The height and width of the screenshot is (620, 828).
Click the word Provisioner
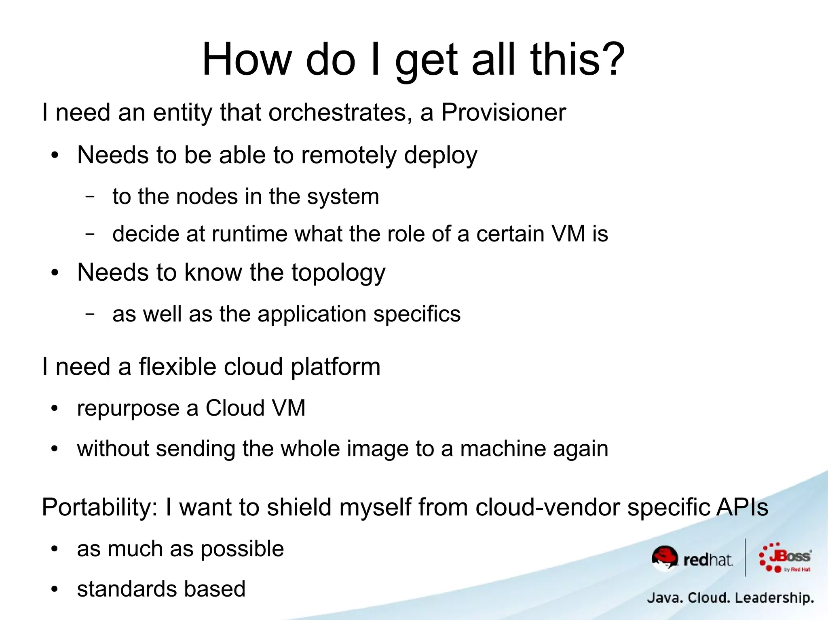click(503, 112)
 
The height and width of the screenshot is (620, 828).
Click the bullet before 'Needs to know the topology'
click(55, 273)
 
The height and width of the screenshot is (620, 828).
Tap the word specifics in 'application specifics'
click(416, 314)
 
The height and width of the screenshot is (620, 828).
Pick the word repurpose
click(128, 409)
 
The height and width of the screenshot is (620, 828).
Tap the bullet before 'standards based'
click(55, 589)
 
